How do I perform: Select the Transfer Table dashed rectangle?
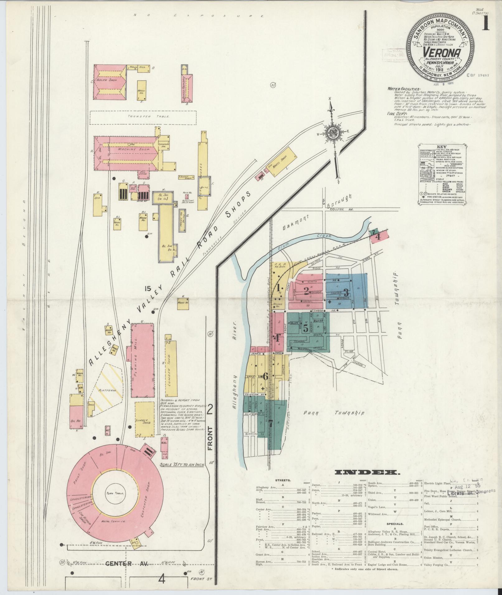coord(143,117)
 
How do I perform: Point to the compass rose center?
coord(333,133)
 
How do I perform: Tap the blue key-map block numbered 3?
coord(346,292)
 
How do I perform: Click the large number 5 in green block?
coord(305,328)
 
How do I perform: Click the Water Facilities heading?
coord(404,89)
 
